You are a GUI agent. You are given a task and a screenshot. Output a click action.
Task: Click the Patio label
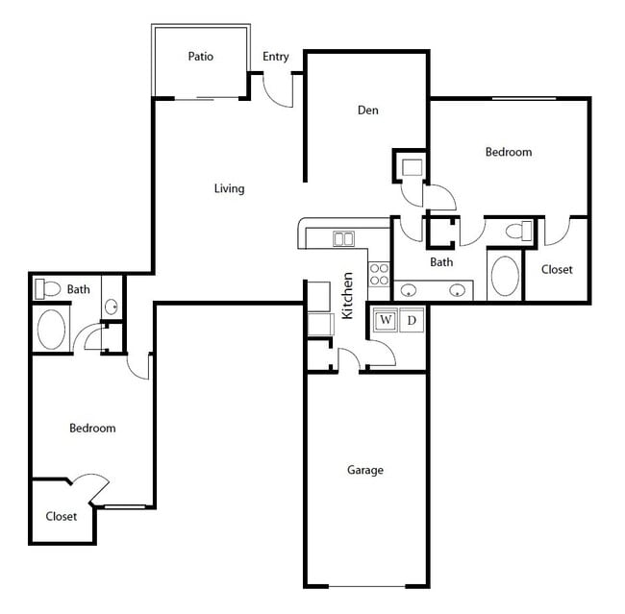pyautogui.click(x=200, y=57)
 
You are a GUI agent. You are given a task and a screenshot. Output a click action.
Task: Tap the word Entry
pyautogui.click(x=276, y=57)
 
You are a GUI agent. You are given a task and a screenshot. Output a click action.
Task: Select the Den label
pyautogui.click(x=367, y=111)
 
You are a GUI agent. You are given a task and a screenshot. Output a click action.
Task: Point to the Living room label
pyautogui.click(x=229, y=188)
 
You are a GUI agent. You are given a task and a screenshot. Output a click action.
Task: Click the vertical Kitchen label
pyautogui.click(x=348, y=296)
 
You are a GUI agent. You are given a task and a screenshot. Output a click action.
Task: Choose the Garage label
pyautogui.click(x=365, y=470)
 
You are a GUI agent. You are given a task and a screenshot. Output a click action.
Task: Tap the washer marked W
pyautogui.click(x=387, y=320)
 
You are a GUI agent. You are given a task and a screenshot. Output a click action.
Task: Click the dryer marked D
pyautogui.click(x=411, y=320)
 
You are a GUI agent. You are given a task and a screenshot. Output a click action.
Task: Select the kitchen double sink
pyautogui.click(x=343, y=238)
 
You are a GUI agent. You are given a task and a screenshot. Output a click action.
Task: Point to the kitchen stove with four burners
pyautogui.click(x=379, y=274)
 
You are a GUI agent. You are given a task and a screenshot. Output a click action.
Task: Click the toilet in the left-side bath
pyautogui.click(x=46, y=288)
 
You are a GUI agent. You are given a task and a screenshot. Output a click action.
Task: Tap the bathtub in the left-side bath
pyautogui.click(x=51, y=329)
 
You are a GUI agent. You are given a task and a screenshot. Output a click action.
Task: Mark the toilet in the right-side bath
pyautogui.click(x=517, y=232)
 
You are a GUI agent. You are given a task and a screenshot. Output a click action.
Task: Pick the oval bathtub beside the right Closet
pyautogui.click(x=505, y=276)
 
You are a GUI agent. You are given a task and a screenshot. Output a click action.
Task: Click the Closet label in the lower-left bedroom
pyautogui.click(x=62, y=516)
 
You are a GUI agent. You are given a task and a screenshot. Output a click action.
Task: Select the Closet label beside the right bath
pyautogui.click(x=557, y=270)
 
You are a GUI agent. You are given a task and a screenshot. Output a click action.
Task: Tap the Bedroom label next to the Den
pyautogui.click(x=508, y=152)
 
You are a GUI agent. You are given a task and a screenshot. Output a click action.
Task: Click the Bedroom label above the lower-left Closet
pyautogui.click(x=92, y=429)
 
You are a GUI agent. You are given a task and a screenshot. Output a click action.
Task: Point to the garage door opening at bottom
pyautogui.click(x=366, y=585)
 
